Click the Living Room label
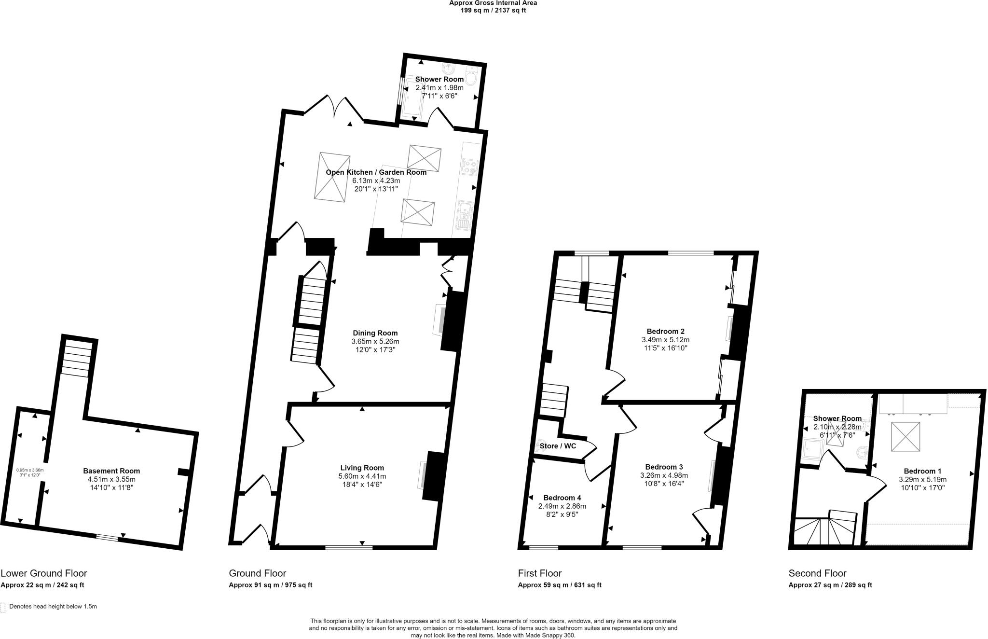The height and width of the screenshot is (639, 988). pos(362,468)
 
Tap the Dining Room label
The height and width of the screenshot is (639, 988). pos(375,333)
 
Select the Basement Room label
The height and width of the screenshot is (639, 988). pos(111,471)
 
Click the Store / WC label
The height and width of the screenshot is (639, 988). pos(558,446)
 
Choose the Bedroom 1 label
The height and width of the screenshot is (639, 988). pos(922,471)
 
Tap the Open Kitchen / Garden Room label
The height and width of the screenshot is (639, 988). pos(376,172)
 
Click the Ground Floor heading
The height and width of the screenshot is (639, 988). pos(258,573)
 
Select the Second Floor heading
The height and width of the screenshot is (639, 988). pos(817,573)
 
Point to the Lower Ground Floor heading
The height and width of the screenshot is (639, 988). pos(44,573)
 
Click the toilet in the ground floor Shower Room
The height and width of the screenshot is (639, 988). pos(471,77)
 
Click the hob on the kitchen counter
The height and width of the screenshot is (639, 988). pos(469,167)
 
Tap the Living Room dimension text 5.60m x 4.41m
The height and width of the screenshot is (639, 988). pos(362,476)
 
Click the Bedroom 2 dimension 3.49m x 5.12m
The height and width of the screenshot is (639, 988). pos(665,340)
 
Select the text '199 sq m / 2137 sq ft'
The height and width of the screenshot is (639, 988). pos(493,10)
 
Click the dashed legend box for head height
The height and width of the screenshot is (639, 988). pos(3,607)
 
